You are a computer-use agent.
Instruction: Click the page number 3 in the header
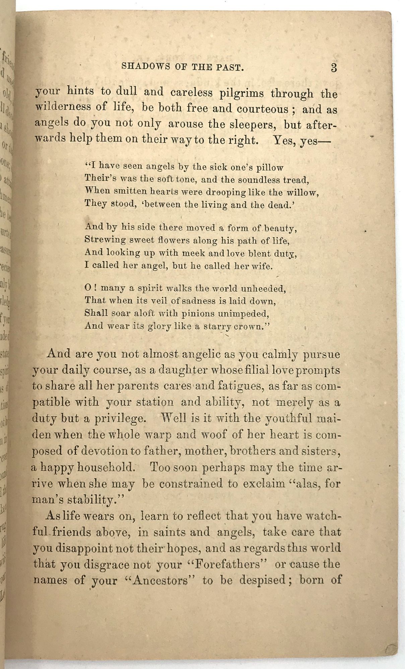(334, 68)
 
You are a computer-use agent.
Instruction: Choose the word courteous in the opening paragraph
(263, 110)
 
